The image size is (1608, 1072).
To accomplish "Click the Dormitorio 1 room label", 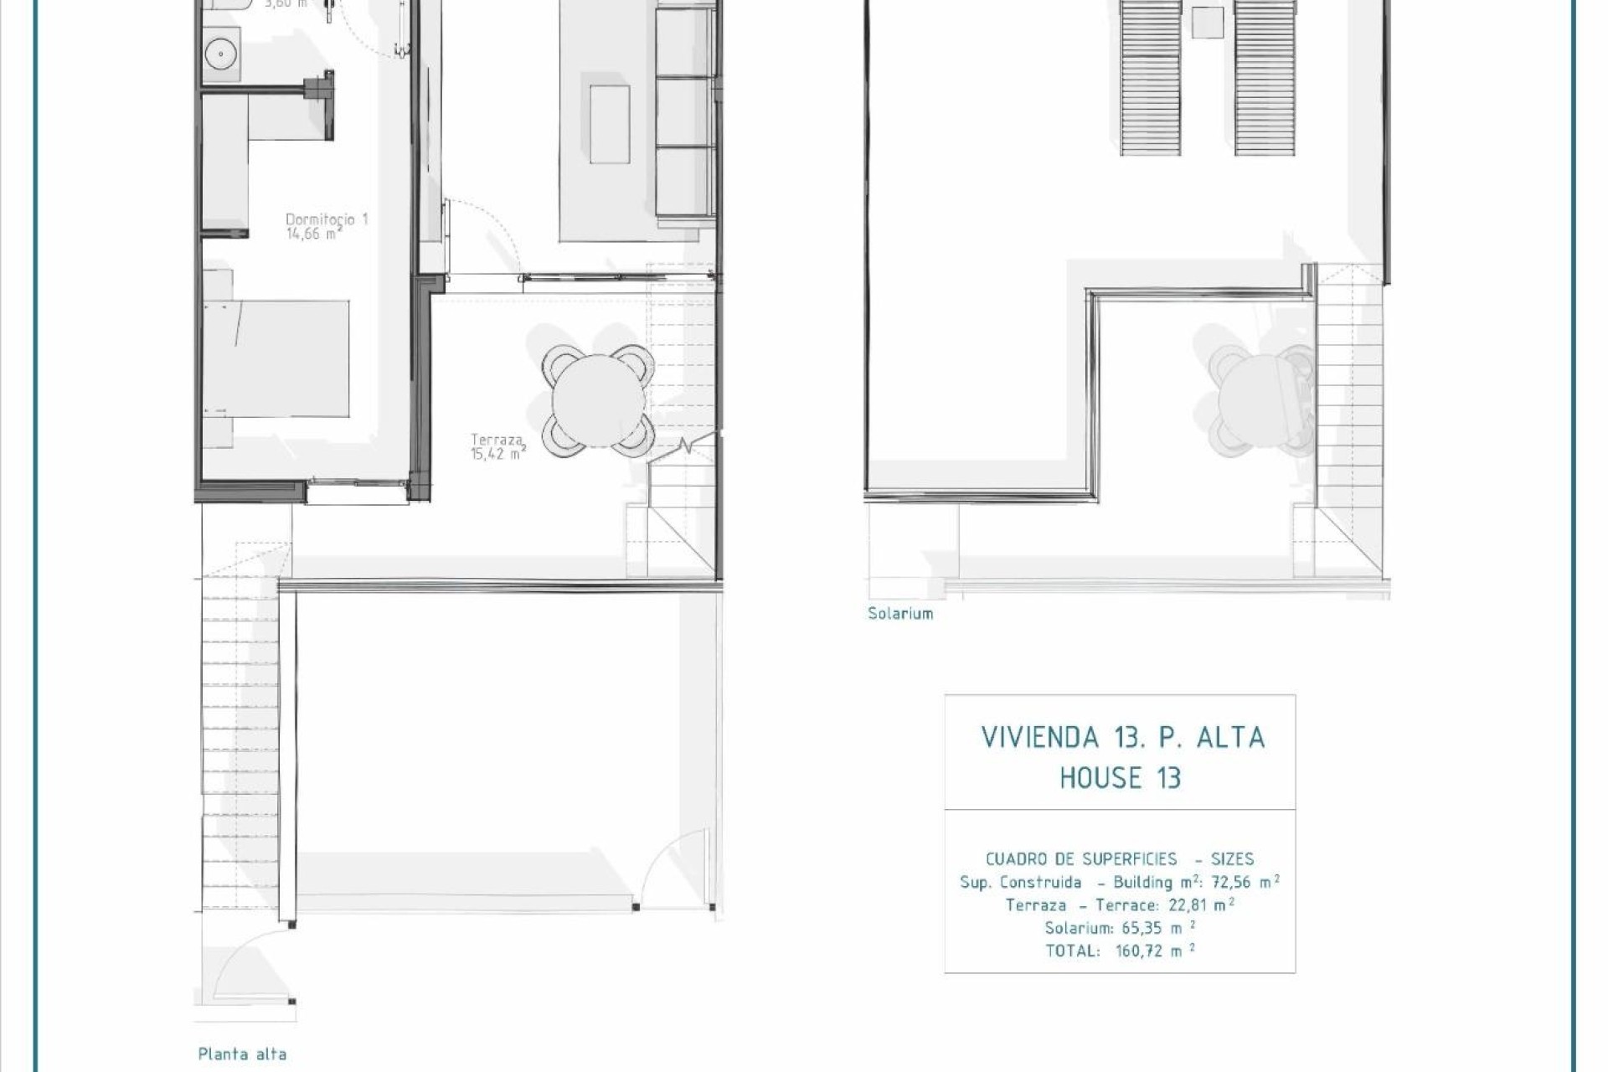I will (327, 219).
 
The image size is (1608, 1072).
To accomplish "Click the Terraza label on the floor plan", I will (497, 440).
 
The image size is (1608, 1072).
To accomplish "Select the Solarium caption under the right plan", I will (900, 614).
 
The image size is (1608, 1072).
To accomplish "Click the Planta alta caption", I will (242, 1054).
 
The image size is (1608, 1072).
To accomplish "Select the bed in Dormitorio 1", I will (276, 358).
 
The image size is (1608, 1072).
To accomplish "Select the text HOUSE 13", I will (1120, 778).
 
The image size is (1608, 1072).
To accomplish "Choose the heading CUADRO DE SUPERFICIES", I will (1080, 859).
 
